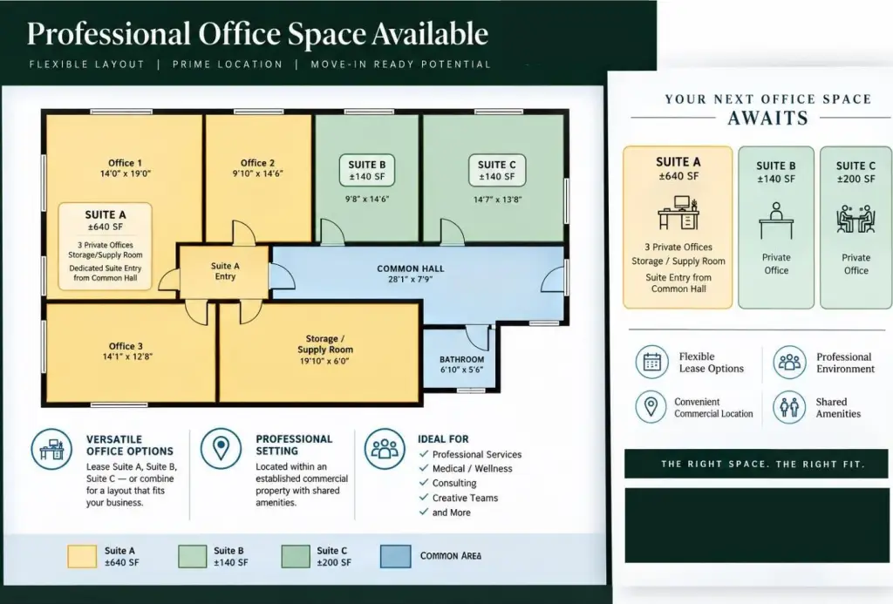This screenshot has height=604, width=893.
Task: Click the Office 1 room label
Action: coord(126,163)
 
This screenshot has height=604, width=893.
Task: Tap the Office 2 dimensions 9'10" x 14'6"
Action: coord(257,173)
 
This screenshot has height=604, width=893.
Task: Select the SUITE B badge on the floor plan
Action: coord(367,170)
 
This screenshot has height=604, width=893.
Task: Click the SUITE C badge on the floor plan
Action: coord(496,170)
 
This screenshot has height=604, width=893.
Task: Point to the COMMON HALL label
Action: coord(411,268)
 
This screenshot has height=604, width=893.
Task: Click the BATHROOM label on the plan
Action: coord(462,359)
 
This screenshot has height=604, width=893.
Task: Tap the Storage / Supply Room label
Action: coord(325,344)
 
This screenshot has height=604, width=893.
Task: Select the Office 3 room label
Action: coord(126,346)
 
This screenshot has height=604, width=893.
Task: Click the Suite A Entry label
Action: coord(225,271)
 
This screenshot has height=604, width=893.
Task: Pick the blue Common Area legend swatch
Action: coord(395,556)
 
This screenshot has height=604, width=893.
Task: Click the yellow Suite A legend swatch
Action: coord(82,556)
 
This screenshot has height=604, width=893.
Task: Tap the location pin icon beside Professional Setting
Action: coord(221,449)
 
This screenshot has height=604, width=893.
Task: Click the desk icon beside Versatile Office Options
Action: coord(51,449)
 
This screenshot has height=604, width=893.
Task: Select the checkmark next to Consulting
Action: coord(424,483)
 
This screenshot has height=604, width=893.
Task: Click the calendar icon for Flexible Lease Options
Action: coord(651,362)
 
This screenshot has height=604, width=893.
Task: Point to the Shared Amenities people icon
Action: coord(789,407)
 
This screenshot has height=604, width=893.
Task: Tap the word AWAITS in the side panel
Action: coord(767,118)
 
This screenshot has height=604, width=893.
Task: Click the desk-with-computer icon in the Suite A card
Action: coord(678,213)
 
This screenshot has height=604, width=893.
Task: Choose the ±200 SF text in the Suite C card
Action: coord(856,179)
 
